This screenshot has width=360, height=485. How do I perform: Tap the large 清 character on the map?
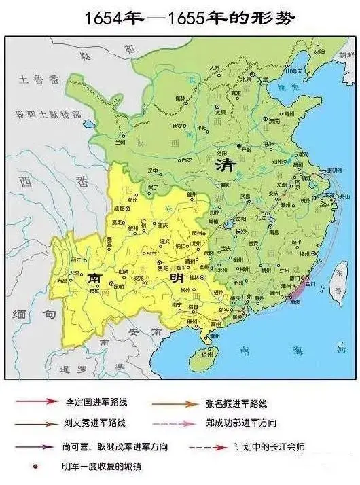pyautogui.click(x=222, y=165)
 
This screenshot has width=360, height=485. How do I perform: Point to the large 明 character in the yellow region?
pyautogui.click(x=177, y=279)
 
